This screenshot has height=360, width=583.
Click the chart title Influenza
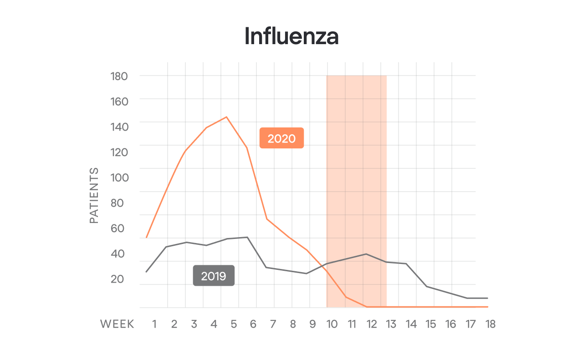[291, 36]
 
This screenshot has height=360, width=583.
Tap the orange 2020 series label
[281, 138]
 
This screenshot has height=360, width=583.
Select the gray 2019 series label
[214, 276]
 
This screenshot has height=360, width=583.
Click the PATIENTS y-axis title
[94, 196]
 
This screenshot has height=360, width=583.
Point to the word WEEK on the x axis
[117, 324]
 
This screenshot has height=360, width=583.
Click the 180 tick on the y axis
[119, 76]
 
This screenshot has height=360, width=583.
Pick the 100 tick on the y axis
[119, 177]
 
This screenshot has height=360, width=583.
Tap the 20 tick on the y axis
[118, 279]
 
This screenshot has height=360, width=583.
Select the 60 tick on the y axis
[118, 228]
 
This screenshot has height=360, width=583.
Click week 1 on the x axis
[154, 324]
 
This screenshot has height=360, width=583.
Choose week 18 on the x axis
[490, 324]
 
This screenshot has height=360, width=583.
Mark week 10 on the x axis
[332, 324]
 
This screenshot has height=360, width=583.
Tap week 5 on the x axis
[234, 324]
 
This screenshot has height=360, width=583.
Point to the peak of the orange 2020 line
[226, 117]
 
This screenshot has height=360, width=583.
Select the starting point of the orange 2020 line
[146, 238]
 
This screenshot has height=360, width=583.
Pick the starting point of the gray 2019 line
[146, 272]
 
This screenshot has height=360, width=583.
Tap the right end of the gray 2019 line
[487, 298]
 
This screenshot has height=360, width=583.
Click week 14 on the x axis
[411, 324]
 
